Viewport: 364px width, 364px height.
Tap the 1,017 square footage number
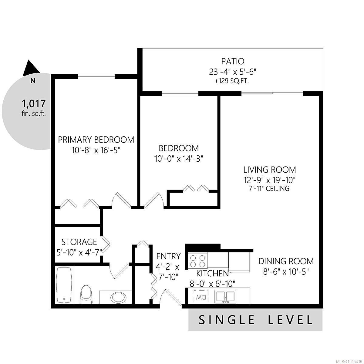(x=34, y=103)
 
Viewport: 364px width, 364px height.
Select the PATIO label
(x=233, y=61)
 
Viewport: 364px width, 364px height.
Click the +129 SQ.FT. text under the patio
(x=231, y=81)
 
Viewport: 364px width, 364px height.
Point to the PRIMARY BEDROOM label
(x=96, y=140)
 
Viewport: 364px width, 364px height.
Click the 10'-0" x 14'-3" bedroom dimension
(x=179, y=159)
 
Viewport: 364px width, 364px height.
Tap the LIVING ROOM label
(x=270, y=170)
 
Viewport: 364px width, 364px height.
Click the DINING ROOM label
(x=286, y=261)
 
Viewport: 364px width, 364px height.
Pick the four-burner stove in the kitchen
(x=197, y=261)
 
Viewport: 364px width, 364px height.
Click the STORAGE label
(x=79, y=242)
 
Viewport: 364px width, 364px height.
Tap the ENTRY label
(x=168, y=256)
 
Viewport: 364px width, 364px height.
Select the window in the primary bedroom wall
(x=96, y=76)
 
